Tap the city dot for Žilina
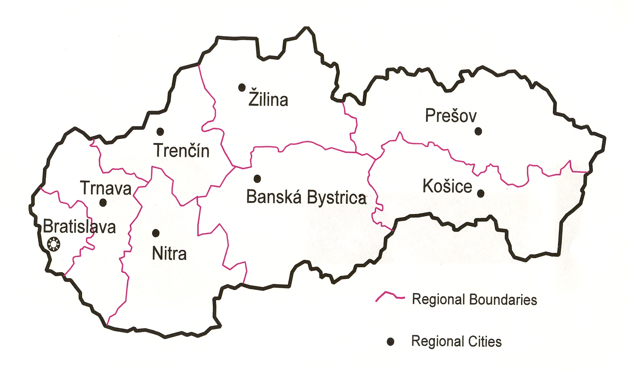[x=242, y=87]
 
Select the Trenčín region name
[x=181, y=150]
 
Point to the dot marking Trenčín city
[x=160, y=132]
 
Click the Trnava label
[x=106, y=188]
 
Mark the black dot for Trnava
[x=103, y=203]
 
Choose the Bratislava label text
[x=79, y=227]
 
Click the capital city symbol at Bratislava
[x=54, y=245]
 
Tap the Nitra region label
[x=169, y=253]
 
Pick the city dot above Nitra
[x=156, y=233]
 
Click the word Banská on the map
[x=274, y=197]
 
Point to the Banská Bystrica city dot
[x=257, y=179]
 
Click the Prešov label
[x=451, y=115]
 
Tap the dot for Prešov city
[x=478, y=132]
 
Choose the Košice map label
[x=447, y=186]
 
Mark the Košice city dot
[x=481, y=194]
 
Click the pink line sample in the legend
[x=390, y=296]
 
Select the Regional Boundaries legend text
[x=474, y=299]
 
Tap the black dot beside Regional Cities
[x=391, y=342]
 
